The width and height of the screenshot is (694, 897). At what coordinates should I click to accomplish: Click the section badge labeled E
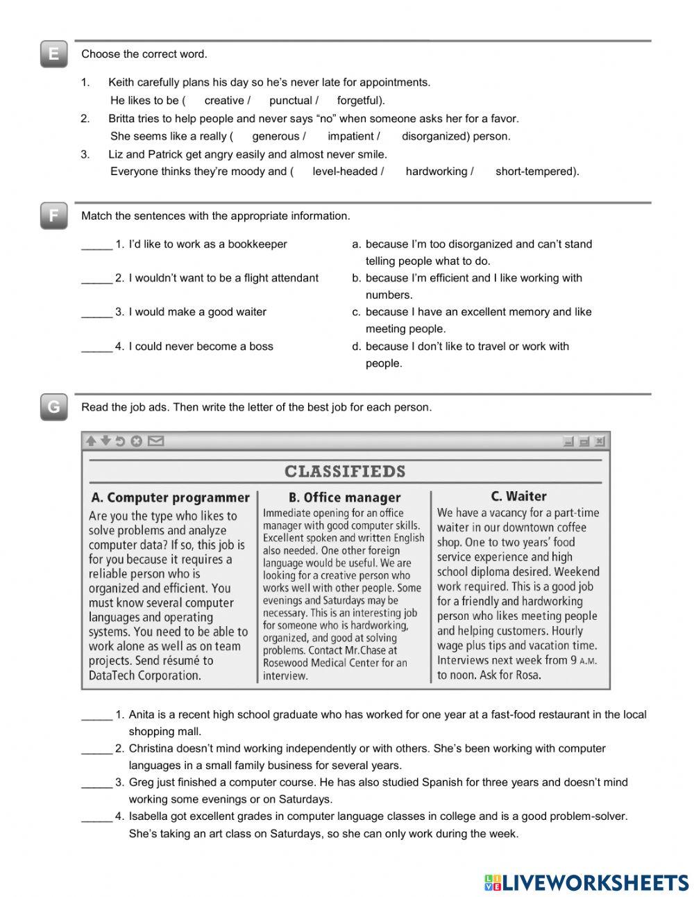pyautogui.click(x=53, y=54)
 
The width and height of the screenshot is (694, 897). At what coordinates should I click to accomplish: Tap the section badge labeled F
pyautogui.click(x=53, y=216)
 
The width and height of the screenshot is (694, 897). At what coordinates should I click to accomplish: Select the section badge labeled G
pyautogui.click(x=53, y=407)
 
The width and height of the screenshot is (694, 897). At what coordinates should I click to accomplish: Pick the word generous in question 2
pyautogui.click(x=276, y=136)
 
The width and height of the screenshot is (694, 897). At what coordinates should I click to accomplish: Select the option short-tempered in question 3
pyautogui.click(x=535, y=171)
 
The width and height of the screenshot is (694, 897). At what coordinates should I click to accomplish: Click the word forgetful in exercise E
pyautogui.click(x=359, y=100)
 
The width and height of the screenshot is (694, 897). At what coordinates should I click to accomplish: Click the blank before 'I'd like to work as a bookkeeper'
pyautogui.click(x=96, y=245)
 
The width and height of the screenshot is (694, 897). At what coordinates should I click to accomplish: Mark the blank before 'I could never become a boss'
pyautogui.click(x=96, y=347)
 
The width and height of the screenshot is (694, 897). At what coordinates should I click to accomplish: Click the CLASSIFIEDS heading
pyautogui.click(x=345, y=472)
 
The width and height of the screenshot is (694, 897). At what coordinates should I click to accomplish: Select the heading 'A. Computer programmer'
pyautogui.click(x=170, y=497)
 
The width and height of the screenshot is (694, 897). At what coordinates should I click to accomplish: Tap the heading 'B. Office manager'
pyautogui.click(x=344, y=497)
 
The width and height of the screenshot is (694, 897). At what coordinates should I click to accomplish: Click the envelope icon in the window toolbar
pyautogui.click(x=156, y=441)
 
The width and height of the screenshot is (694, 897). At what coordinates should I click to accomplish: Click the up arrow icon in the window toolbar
pyautogui.click(x=91, y=441)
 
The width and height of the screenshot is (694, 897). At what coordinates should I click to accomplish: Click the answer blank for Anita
pyautogui.click(x=96, y=715)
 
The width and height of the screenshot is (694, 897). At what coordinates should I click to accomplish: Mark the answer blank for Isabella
pyautogui.click(x=96, y=817)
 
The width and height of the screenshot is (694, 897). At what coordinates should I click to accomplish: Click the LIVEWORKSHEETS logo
pyautogui.click(x=586, y=882)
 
